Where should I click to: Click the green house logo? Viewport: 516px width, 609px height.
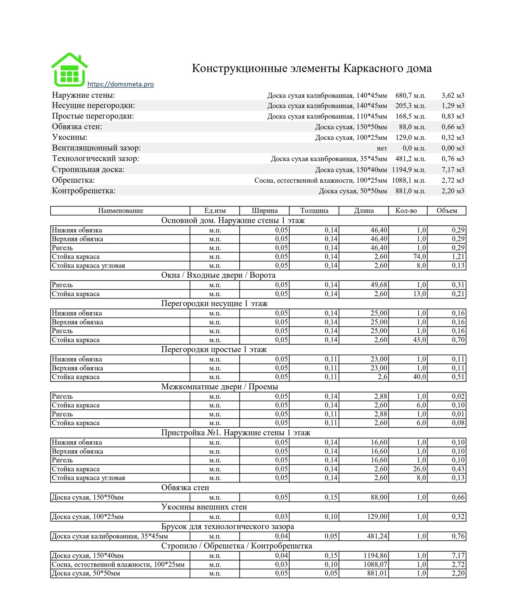point(69,70)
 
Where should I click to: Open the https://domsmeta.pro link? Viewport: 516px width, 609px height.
point(120,84)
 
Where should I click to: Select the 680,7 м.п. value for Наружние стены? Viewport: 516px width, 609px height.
point(410,96)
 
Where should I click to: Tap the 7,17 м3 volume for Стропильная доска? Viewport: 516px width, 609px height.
point(453,170)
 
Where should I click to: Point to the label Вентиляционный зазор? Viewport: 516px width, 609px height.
point(96,148)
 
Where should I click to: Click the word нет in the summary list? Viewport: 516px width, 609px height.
point(382,148)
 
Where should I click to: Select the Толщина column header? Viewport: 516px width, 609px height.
point(314,211)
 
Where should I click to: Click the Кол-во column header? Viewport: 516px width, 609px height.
point(406,211)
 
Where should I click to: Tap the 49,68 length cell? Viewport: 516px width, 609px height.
point(379,285)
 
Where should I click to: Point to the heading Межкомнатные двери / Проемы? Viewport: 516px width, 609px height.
point(219,387)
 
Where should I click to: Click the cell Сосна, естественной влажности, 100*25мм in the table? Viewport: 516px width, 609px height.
point(118,564)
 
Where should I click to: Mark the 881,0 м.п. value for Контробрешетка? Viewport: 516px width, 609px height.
point(410,191)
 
